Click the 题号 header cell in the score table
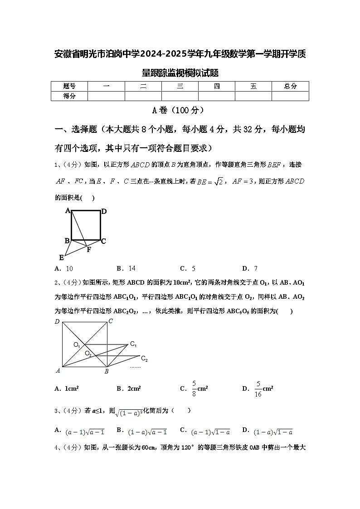[x=69, y=86]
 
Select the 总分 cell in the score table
[x=290, y=86]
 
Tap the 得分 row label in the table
[x=69, y=96]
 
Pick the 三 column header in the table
[x=180, y=86]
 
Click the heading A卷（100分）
[x=180, y=110]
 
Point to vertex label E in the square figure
[x=61, y=257]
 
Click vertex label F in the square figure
[x=89, y=249]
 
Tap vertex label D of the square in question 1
[x=104, y=211]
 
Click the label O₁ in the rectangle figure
[x=77, y=345]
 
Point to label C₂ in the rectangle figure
[x=144, y=359]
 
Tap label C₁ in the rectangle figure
[x=133, y=344]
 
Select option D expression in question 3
[x=273, y=432]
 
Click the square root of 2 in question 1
[x=218, y=182]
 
